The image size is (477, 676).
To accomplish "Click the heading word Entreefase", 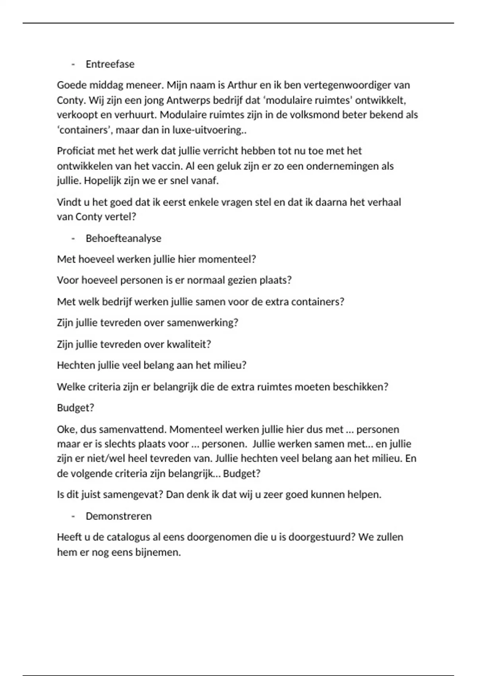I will [110, 64].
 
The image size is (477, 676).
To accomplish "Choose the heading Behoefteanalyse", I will [124, 238].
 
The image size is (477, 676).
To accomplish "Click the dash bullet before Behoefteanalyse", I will [73, 238].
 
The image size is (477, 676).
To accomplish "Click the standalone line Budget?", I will [76, 408].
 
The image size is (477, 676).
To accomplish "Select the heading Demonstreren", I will [119, 516].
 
